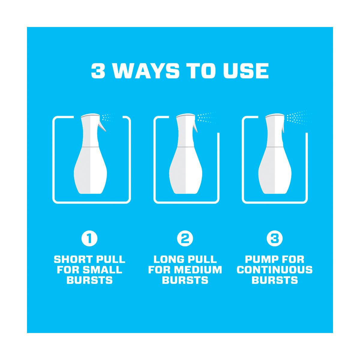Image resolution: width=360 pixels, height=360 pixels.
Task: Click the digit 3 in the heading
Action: point(98,70)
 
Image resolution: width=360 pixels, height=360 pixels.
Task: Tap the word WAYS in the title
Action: point(146,70)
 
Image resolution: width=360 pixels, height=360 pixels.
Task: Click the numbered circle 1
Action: point(89,238)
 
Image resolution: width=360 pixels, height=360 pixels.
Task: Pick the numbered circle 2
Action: point(185,238)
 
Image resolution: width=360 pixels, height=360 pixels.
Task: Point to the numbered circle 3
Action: point(274,238)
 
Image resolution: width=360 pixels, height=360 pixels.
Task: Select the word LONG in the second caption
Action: point(169,259)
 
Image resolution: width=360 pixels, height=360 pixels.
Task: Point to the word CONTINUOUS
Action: point(274,270)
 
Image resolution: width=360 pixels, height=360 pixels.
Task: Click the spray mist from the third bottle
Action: point(298,117)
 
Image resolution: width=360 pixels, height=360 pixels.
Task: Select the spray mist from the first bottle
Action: point(107,118)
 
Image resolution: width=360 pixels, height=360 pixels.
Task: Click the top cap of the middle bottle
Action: point(186,115)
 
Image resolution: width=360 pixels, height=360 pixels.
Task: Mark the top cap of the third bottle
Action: point(275,115)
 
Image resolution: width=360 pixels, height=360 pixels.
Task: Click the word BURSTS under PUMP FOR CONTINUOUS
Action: point(274,280)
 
